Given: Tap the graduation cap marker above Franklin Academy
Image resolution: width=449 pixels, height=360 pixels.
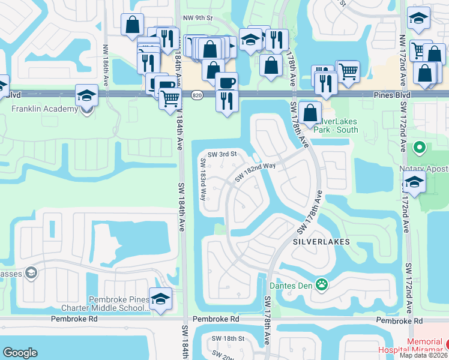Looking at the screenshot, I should [x=86, y=95].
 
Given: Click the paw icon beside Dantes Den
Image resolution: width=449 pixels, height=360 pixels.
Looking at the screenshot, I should [x=322, y=284].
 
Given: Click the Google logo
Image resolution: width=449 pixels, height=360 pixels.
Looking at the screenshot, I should [x=20, y=353].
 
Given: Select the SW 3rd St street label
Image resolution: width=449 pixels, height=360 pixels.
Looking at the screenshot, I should [x=223, y=154].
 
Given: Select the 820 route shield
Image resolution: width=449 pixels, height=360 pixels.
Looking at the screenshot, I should [x=197, y=95].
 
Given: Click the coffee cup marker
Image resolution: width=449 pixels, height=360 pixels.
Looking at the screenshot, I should [x=226, y=82].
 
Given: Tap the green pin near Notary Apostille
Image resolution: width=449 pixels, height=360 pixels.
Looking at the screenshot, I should [x=420, y=147].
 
